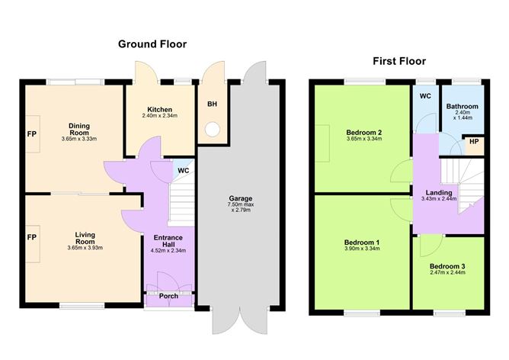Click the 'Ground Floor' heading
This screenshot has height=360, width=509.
click(152, 44)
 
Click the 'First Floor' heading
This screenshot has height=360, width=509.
click(399, 61)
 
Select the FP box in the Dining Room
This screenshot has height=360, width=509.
click(32, 131)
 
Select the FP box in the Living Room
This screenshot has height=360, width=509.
click(32, 237)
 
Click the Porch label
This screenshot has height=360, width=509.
click(168, 295)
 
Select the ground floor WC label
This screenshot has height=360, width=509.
click(183, 170)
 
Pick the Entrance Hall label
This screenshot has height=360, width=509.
click(168, 241)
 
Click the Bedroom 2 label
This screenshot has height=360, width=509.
click(363, 132)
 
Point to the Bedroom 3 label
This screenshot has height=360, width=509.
click(447, 266)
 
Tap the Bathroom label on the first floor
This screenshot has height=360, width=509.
click(462, 107)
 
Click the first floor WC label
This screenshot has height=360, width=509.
click(425, 96)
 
